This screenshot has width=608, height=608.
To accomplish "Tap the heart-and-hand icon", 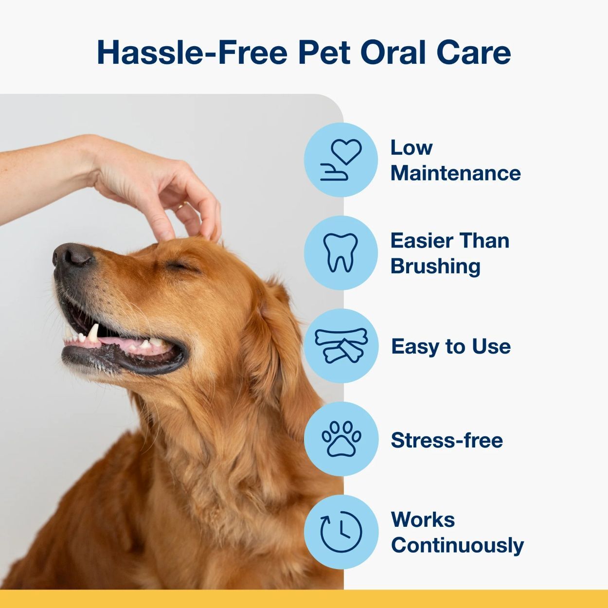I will [x=341, y=160].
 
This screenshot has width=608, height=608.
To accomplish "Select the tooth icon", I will [x=341, y=252].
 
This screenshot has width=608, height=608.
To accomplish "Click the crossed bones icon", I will [x=341, y=346].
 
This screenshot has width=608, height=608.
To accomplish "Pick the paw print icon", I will [x=341, y=438].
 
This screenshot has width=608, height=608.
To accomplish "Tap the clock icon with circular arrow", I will [x=341, y=532].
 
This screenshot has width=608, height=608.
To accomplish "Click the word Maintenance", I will [x=455, y=174].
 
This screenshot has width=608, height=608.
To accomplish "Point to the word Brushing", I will [x=435, y=267].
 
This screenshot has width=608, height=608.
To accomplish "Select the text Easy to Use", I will [x=451, y=347].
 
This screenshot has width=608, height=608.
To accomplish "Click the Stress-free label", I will [x=447, y=440].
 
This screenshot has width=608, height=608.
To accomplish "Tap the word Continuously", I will [x=457, y=545].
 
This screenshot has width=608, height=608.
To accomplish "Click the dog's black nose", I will [x=73, y=254].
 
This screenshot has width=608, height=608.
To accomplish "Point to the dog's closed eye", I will [x=178, y=266].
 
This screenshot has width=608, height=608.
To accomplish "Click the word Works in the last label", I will [x=423, y=519].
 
